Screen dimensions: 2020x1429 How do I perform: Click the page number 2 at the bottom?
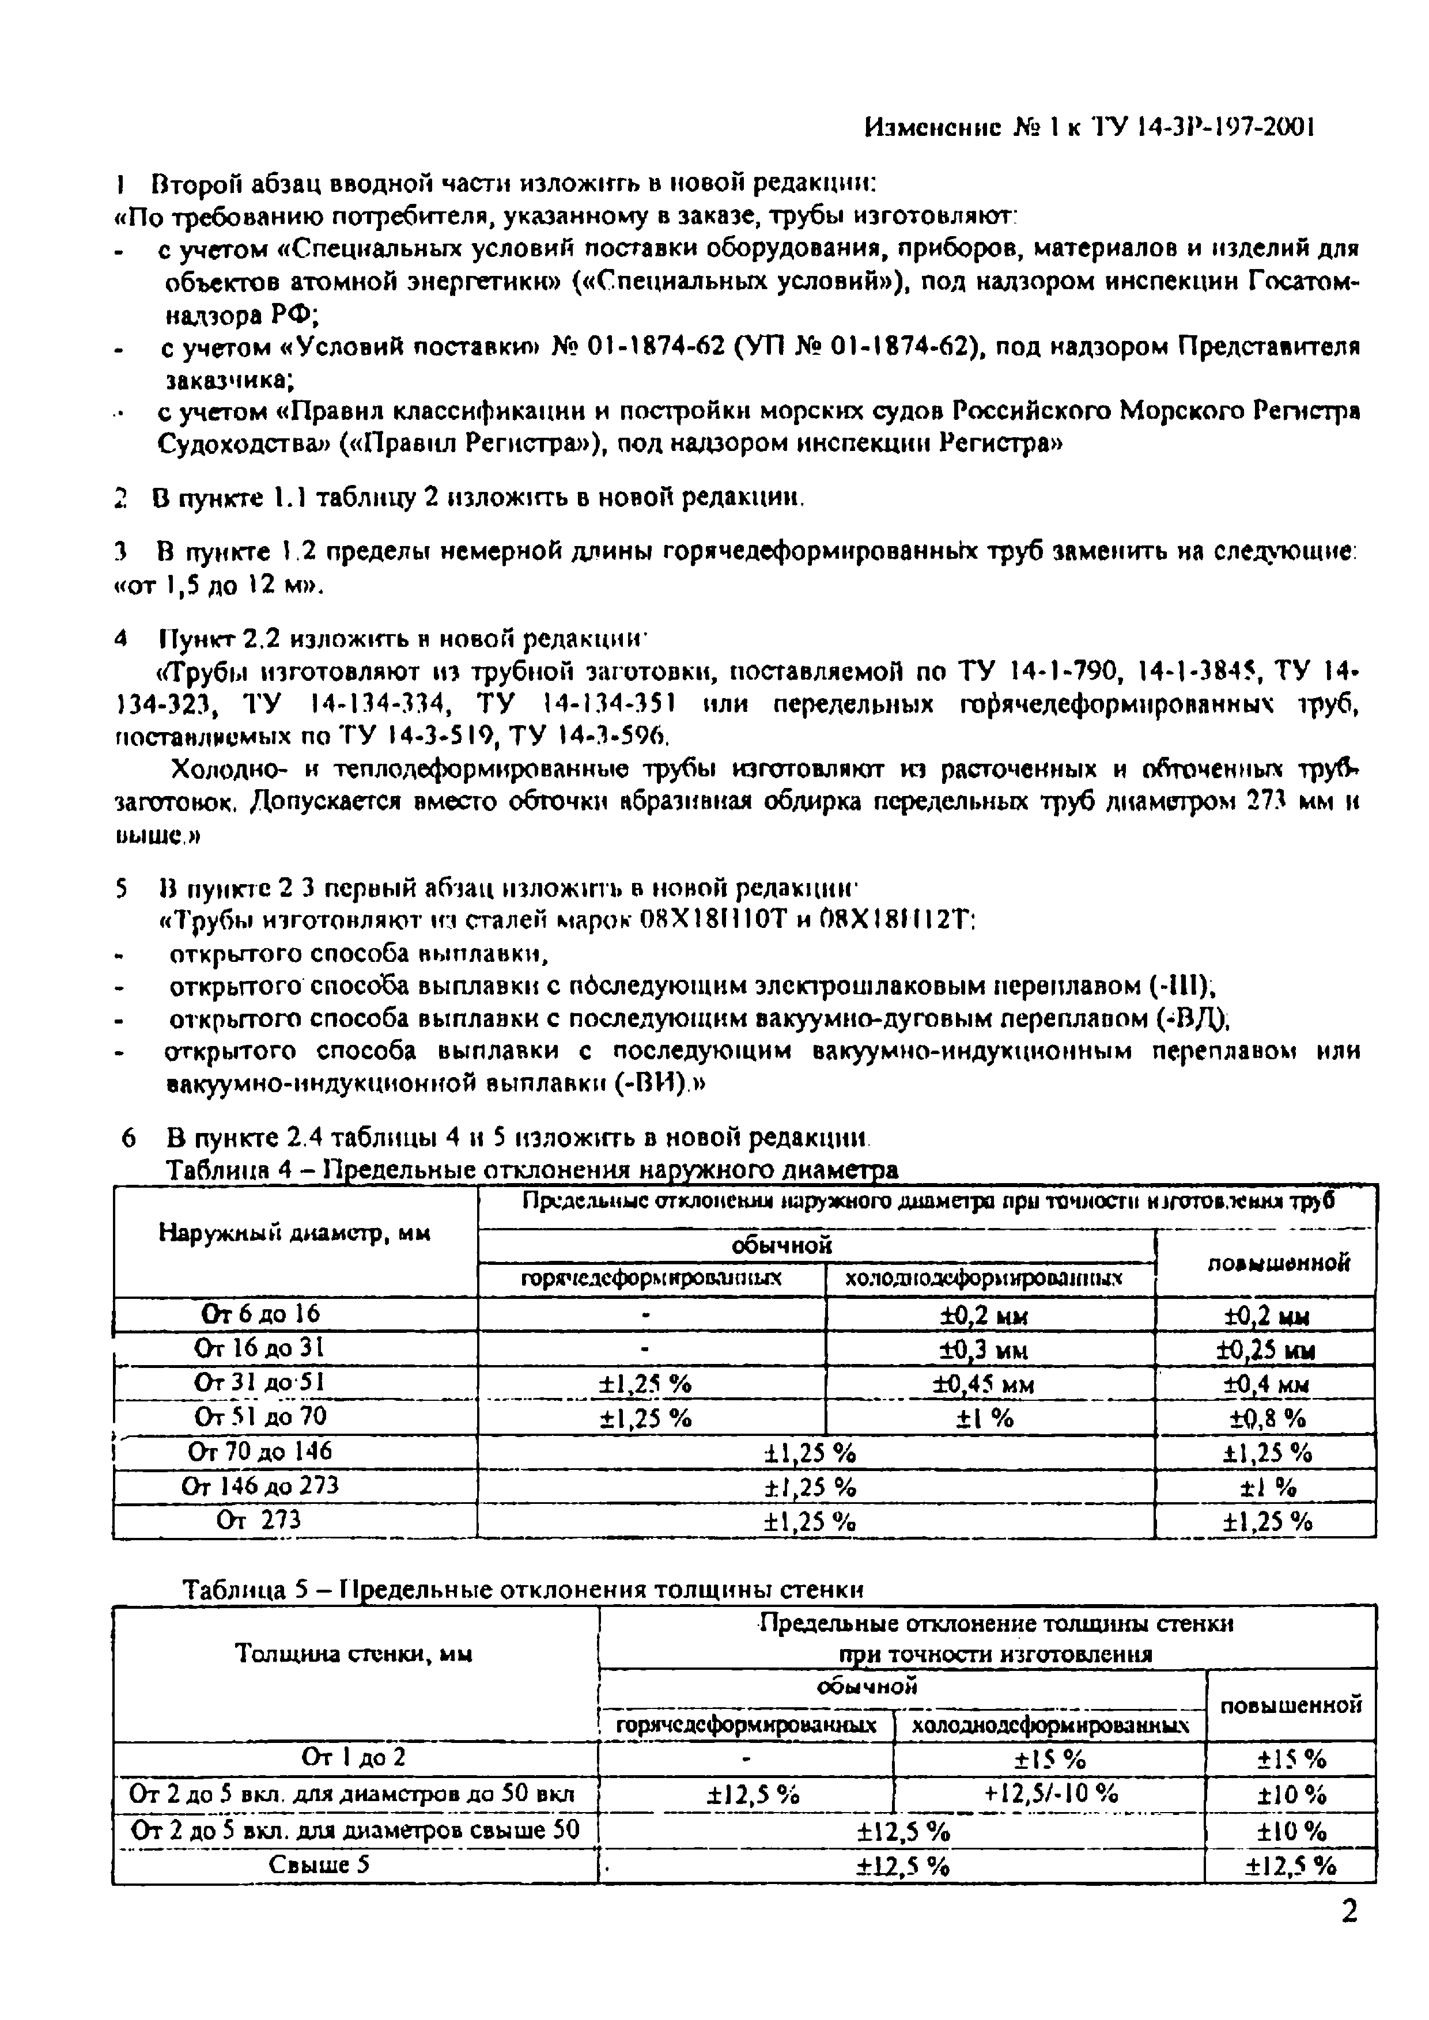(x=1348, y=1935)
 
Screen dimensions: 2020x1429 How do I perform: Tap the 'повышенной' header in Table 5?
(x=1290, y=1705)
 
